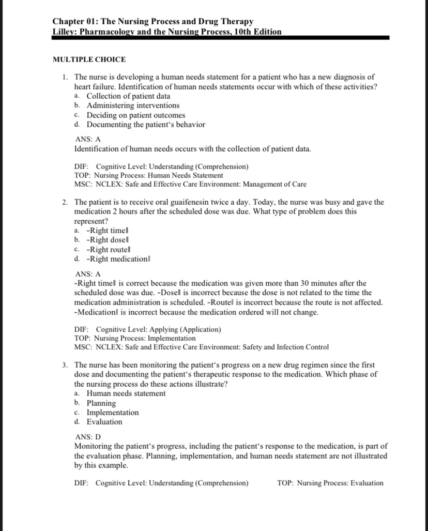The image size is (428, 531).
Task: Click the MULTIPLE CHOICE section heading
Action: coord(89,59)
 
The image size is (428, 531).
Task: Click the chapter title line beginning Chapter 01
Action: coord(153,22)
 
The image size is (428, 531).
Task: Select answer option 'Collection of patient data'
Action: coord(128,96)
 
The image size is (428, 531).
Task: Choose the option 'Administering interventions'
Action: coord(133,105)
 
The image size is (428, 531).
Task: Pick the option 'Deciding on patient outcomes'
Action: coord(135,115)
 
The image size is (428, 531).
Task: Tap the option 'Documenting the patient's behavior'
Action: coord(146,125)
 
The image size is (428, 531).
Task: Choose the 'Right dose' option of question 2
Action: coord(108,240)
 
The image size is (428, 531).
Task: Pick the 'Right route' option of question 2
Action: coord(109,250)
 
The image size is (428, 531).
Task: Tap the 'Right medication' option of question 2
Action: coord(118,259)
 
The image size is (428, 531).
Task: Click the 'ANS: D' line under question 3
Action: coord(88,437)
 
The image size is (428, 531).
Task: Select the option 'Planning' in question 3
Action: coord(101,403)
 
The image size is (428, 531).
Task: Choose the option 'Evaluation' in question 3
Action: coord(104,422)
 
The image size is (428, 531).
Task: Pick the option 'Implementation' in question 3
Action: coord(113,413)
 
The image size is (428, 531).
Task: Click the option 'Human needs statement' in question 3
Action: coord(126,393)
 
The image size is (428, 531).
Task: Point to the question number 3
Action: coord(63,365)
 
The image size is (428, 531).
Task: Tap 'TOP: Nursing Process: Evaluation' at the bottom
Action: coord(330,483)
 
